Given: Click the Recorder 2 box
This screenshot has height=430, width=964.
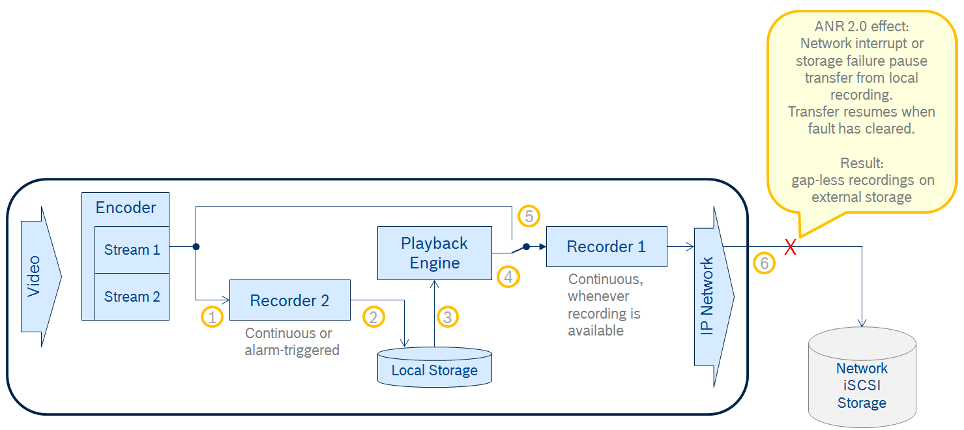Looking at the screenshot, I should click(x=289, y=300).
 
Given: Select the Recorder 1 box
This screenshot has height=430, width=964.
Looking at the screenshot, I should click(x=606, y=246).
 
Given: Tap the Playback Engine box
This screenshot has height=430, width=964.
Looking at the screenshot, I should click(x=434, y=253).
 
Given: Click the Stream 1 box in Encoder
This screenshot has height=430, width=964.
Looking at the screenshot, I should click(x=132, y=250).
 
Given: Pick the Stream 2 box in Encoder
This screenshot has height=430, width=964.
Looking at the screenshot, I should click(x=132, y=296).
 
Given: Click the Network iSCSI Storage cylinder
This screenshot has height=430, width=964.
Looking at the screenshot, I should click(x=862, y=381).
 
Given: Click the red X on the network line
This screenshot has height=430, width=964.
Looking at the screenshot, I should click(x=790, y=247).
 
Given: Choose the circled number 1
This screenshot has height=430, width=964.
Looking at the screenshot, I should click(x=212, y=317).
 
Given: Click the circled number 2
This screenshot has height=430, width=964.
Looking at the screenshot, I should click(x=373, y=317).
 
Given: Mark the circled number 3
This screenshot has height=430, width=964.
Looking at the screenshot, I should click(x=447, y=317).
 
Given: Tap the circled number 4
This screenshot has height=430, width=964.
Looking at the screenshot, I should click(x=508, y=276).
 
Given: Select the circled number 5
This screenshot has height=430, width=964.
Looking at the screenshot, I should click(x=529, y=216).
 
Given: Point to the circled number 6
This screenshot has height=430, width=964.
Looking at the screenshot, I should click(x=764, y=263).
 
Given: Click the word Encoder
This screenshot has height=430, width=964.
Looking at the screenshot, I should click(x=126, y=208).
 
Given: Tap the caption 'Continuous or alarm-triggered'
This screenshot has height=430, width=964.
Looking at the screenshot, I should click(x=291, y=341).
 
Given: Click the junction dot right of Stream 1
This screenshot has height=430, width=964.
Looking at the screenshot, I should click(x=196, y=247).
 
